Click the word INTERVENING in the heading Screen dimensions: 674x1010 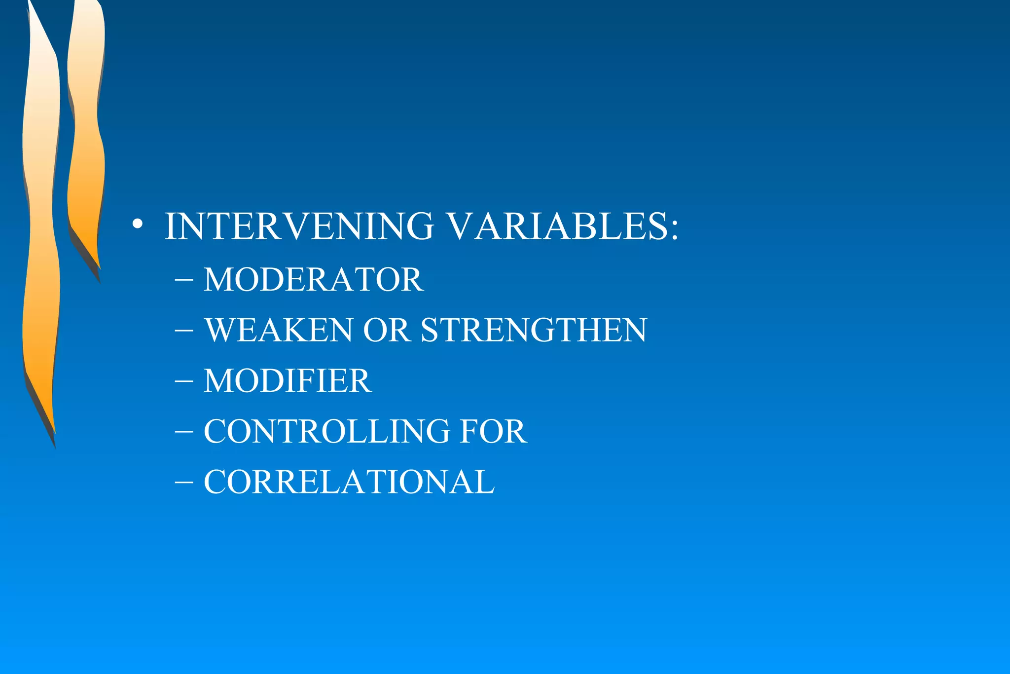coord(299,226)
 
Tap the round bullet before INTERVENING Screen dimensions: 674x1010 coord(138,225)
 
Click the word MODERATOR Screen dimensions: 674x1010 coord(314,280)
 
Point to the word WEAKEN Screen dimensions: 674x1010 coord(279,330)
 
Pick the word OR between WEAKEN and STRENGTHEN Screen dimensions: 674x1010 coord(387,330)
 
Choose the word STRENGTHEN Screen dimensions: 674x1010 coord(534,330)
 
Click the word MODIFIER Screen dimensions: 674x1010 coord(288,381)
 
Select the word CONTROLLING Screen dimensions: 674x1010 coord(327,431)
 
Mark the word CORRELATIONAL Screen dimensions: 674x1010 coord(349,482)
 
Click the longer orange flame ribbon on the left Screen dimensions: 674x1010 coord(40,222)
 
